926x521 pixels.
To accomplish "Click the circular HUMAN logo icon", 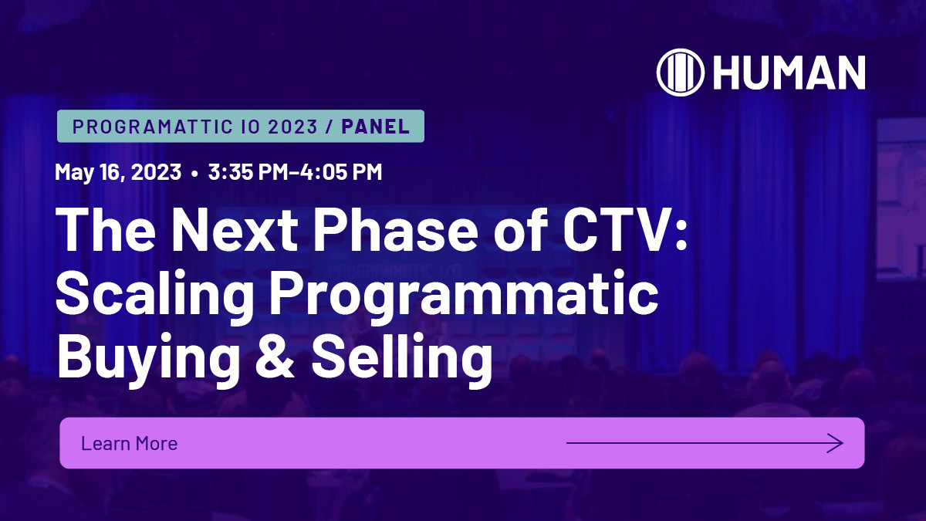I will (681, 73).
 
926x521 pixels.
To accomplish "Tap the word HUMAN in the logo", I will (789, 73).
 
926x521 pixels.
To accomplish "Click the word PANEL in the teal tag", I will (375, 127).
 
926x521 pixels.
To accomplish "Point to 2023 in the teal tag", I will (293, 127).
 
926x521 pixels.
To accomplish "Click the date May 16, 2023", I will (118, 171).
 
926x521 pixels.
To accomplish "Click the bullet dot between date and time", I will (194, 172).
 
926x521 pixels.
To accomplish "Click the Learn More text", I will (129, 443).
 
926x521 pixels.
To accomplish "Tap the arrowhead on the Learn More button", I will (836, 443).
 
